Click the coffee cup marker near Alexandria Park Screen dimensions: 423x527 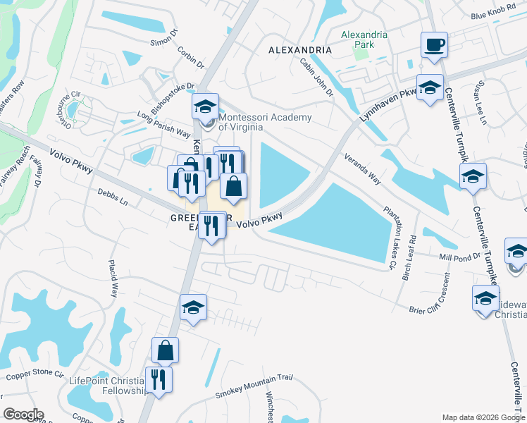(434, 46)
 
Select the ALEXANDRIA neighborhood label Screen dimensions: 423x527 (300, 51)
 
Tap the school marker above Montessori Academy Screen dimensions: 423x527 (206, 107)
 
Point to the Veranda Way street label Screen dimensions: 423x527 (363, 169)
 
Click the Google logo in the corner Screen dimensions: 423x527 (23, 415)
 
